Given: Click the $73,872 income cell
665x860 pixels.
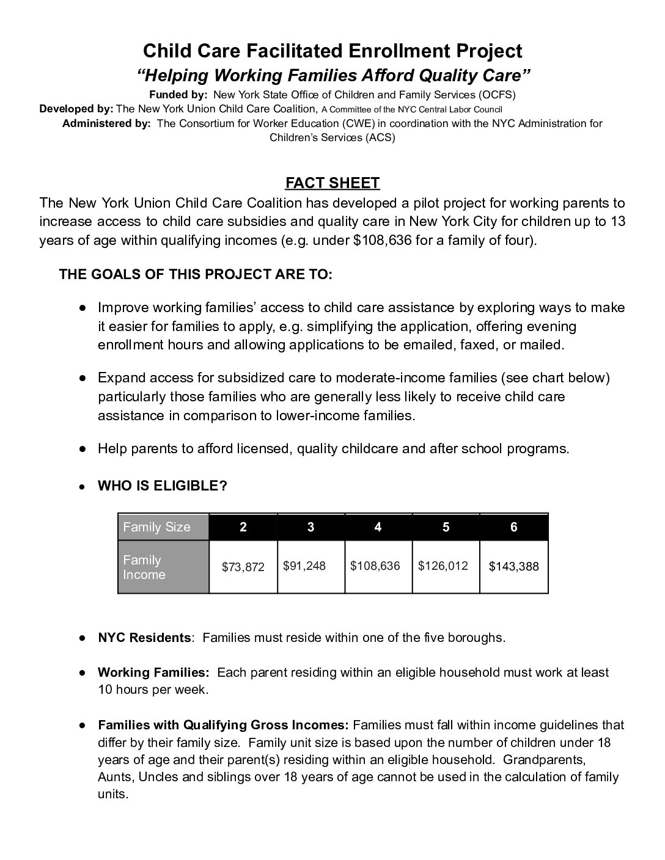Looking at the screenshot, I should pyautogui.click(x=243, y=567).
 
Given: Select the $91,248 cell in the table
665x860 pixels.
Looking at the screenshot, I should pyautogui.click(x=304, y=566).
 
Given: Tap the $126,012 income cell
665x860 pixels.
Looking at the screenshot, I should pyautogui.click(x=443, y=566).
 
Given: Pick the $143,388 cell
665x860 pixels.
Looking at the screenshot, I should pyautogui.click(x=514, y=567).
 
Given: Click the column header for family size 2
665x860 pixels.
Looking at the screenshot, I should pyautogui.click(x=243, y=527).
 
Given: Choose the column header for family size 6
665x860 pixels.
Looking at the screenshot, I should pyautogui.click(x=514, y=527).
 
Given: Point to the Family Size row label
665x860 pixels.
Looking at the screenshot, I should pyautogui.click(x=157, y=527).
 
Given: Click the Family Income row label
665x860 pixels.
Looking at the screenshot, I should pyautogui.click(x=144, y=567).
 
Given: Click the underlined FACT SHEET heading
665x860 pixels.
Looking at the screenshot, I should pyautogui.click(x=332, y=183).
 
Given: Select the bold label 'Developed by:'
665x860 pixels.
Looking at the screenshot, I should pyautogui.click(x=76, y=109).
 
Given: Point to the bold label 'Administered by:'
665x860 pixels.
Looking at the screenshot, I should pyautogui.click(x=106, y=123).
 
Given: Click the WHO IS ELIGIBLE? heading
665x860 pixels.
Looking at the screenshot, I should pyautogui.click(x=163, y=486).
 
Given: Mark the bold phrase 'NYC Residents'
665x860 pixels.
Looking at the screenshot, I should pyautogui.click(x=144, y=638).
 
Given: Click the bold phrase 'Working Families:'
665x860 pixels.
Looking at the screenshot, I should pyautogui.click(x=153, y=672).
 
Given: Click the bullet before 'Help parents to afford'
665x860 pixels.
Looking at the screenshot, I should pyautogui.click(x=82, y=449).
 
